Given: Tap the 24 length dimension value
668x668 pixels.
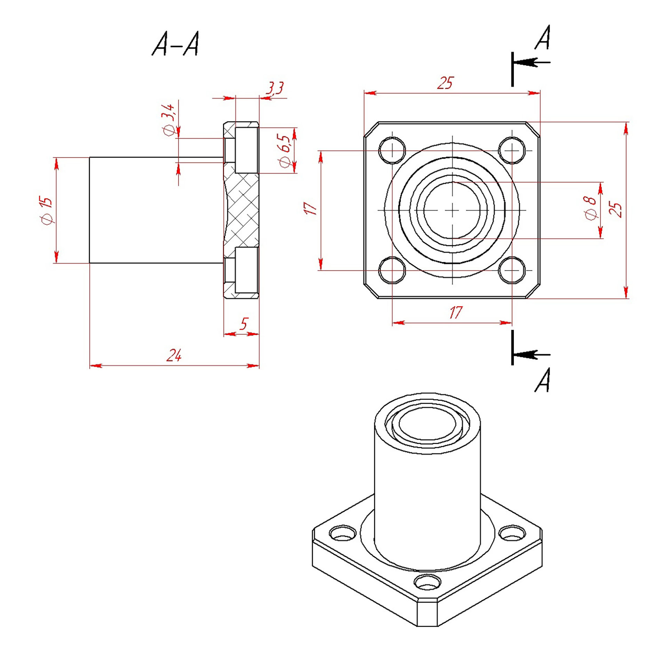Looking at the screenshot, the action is pos(174,355).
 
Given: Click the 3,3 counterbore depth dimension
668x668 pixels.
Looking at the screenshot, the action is pos(275,88).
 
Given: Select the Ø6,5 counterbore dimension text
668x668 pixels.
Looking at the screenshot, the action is pos(285,151).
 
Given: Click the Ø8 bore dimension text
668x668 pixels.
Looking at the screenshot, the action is pos(591,208).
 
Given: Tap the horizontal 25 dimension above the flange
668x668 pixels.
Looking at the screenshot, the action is pos(446,83).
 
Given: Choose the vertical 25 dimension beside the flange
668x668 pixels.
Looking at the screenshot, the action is pos(615,210).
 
